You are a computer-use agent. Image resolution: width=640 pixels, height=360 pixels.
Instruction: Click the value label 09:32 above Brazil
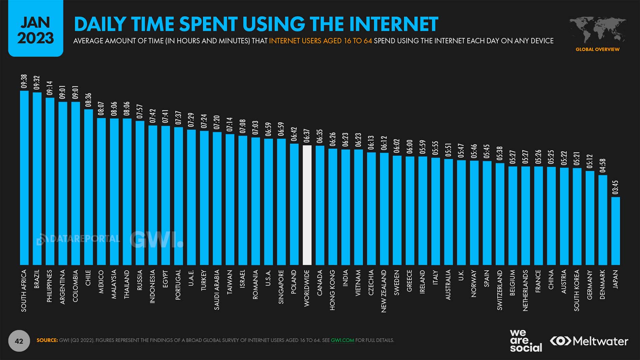pos(37,83)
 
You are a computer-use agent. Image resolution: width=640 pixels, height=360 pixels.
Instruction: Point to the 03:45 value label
pos(615,188)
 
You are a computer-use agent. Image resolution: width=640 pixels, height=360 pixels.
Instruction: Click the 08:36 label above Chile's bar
pos(88,100)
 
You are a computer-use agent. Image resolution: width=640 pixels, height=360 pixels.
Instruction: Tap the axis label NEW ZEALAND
pos(384,291)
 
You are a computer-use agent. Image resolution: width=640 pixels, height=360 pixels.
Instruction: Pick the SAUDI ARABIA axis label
pos(217,290)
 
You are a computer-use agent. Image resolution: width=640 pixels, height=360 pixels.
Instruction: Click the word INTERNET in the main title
pos(393,24)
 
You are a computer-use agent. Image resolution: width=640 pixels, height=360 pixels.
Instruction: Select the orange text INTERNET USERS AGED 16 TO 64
pos(320,41)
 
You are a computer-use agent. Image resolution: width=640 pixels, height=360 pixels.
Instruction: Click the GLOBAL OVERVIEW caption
pos(598,50)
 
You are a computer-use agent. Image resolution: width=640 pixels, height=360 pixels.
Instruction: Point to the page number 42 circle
pos(19,341)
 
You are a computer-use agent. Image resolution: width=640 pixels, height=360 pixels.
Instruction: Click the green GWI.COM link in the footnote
pos(342,340)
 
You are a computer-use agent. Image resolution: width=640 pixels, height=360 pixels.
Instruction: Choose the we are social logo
pos(525,341)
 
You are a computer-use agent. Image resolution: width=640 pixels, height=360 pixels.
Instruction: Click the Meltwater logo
pos(589,341)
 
